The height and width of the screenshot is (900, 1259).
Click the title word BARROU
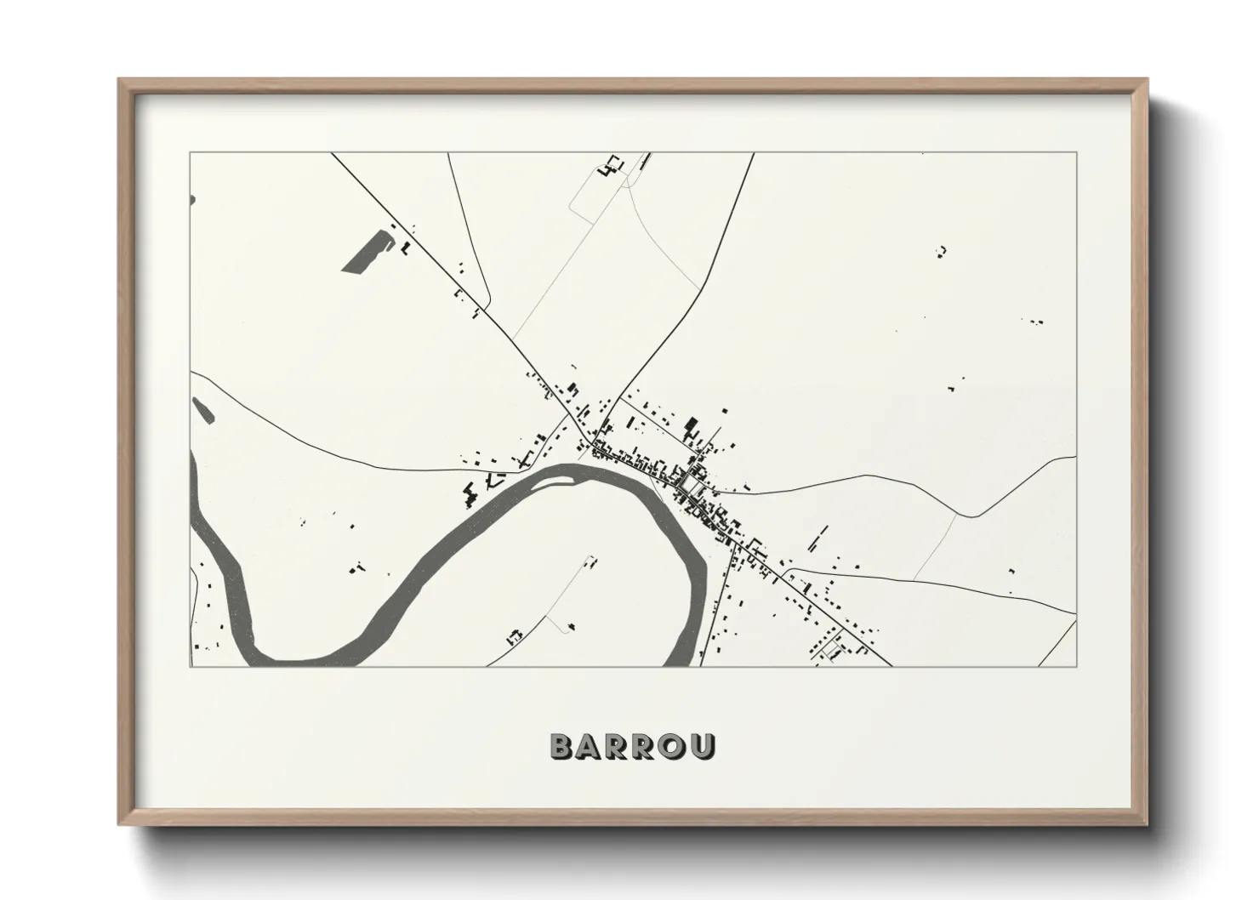pyautogui.click(x=632, y=746)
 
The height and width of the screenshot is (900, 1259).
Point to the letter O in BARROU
pyautogui.click(x=674, y=746)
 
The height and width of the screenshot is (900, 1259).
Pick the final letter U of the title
pyautogui.click(x=704, y=746)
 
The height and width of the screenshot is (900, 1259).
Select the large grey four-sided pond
pyautogui.click(x=367, y=253)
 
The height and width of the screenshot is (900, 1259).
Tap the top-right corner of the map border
pyautogui.click(x=1077, y=153)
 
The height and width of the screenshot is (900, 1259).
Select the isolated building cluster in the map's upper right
pyautogui.click(x=942, y=250)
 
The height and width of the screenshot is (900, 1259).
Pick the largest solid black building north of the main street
pyautogui.click(x=691, y=423)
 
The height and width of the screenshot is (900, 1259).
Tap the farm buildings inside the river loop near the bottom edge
pyautogui.click(x=514, y=635)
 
